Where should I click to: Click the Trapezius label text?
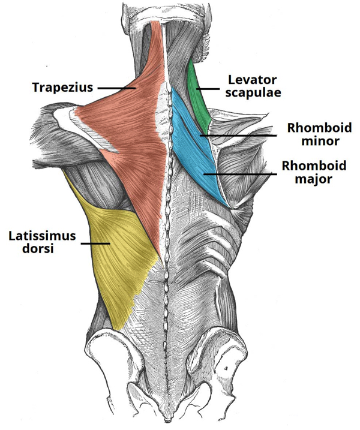pyautogui.click(x=63, y=88)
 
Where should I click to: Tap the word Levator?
pyautogui.click(x=253, y=80)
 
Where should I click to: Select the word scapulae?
pyautogui.click(x=253, y=93)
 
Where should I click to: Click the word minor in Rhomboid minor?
pyautogui.click(x=320, y=141)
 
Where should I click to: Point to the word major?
pyautogui.click(x=313, y=179)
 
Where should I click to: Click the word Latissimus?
pyautogui.click(x=42, y=236)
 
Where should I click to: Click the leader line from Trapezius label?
pyautogui.click(x=117, y=88)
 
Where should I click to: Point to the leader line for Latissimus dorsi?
pyautogui.click(x=95, y=243)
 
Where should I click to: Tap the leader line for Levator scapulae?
pyautogui.click(x=208, y=89)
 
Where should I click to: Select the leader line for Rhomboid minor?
pyautogui.click(x=238, y=136)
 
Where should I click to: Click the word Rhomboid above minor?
pyautogui.click(x=319, y=128)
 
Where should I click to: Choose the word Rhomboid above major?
pyautogui.click(x=314, y=166)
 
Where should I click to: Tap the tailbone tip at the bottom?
pyautogui.click(x=168, y=420)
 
